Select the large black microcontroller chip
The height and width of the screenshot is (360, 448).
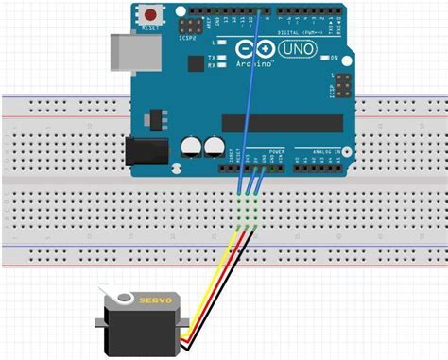(x=282, y=123)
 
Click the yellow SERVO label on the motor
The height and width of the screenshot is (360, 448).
(x=155, y=300)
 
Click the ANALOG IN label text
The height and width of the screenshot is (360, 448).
(x=311, y=151)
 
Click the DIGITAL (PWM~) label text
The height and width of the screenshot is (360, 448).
(x=287, y=32)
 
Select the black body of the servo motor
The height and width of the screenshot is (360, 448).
(x=142, y=327)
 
